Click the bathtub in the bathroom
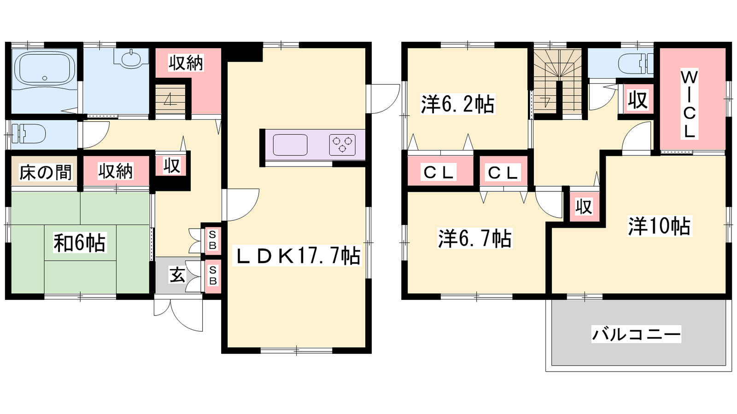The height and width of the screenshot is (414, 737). (44, 69)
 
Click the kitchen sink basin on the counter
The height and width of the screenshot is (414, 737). (290, 144)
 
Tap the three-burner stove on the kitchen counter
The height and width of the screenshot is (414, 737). (342, 144)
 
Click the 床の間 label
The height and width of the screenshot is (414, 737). (45, 172)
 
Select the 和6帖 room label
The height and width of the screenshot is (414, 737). (80, 242)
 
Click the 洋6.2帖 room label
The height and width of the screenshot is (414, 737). (457, 104)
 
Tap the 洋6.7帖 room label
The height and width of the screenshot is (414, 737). (474, 239)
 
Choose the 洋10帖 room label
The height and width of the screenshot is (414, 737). (659, 226)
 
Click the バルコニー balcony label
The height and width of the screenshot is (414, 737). (636, 334)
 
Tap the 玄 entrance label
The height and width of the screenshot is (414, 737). (178, 276)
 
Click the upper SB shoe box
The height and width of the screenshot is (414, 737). (212, 240)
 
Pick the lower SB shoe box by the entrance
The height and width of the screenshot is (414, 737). (212, 276)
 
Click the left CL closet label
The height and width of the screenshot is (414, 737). (439, 172)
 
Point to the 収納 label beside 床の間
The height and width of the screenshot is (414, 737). (116, 171)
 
